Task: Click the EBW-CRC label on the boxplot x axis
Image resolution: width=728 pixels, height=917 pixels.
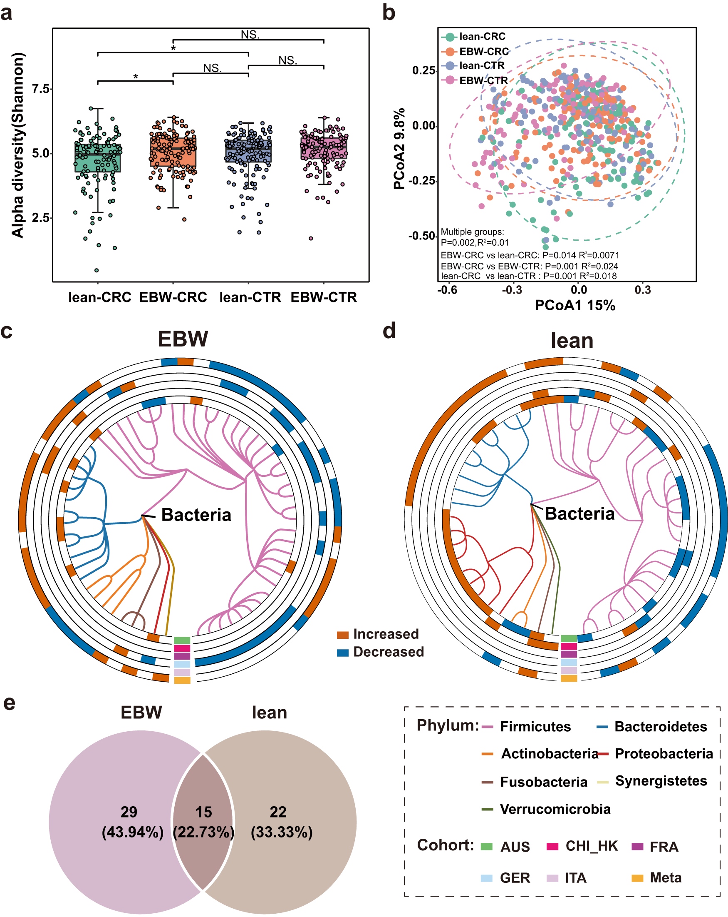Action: [x=173, y=297]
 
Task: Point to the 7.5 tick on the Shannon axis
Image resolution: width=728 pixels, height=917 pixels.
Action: [x=41, y=89]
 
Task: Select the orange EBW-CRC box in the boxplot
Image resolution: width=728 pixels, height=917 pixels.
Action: [x=173, y=152]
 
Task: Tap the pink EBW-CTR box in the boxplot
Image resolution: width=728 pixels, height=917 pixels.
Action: [x=324, y=148]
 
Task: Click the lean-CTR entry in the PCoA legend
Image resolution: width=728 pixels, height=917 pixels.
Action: [x=481, y=65]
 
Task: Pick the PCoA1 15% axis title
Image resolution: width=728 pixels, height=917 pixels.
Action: [x=574, y=305]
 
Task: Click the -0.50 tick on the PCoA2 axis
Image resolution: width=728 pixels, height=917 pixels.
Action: [x=421, y=236]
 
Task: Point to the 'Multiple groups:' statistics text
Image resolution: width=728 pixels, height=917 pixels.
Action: [x=472, y=232]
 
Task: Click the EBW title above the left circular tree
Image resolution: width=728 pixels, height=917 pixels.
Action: [x=183, y=339]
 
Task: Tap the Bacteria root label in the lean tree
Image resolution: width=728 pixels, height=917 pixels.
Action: [x=579, y=514]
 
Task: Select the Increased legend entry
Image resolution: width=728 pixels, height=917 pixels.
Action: [x=386, y=634]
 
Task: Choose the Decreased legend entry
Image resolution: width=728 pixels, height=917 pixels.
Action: [x=388, y=652]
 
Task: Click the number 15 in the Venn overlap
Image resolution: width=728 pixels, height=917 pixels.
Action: [x=203, y=812]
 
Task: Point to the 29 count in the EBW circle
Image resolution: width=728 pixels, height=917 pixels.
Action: [x=129, y=812]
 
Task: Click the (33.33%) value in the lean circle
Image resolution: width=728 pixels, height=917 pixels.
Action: [x=281, y=832]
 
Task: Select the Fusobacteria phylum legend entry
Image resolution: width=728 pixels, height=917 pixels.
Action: [x=543, y=782]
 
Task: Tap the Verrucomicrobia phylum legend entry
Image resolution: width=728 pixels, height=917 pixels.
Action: [x=555, y=809]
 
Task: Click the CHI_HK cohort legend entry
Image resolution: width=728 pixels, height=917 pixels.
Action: [x=591, y=845]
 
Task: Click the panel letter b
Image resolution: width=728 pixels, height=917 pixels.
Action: [x=389, y=13]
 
